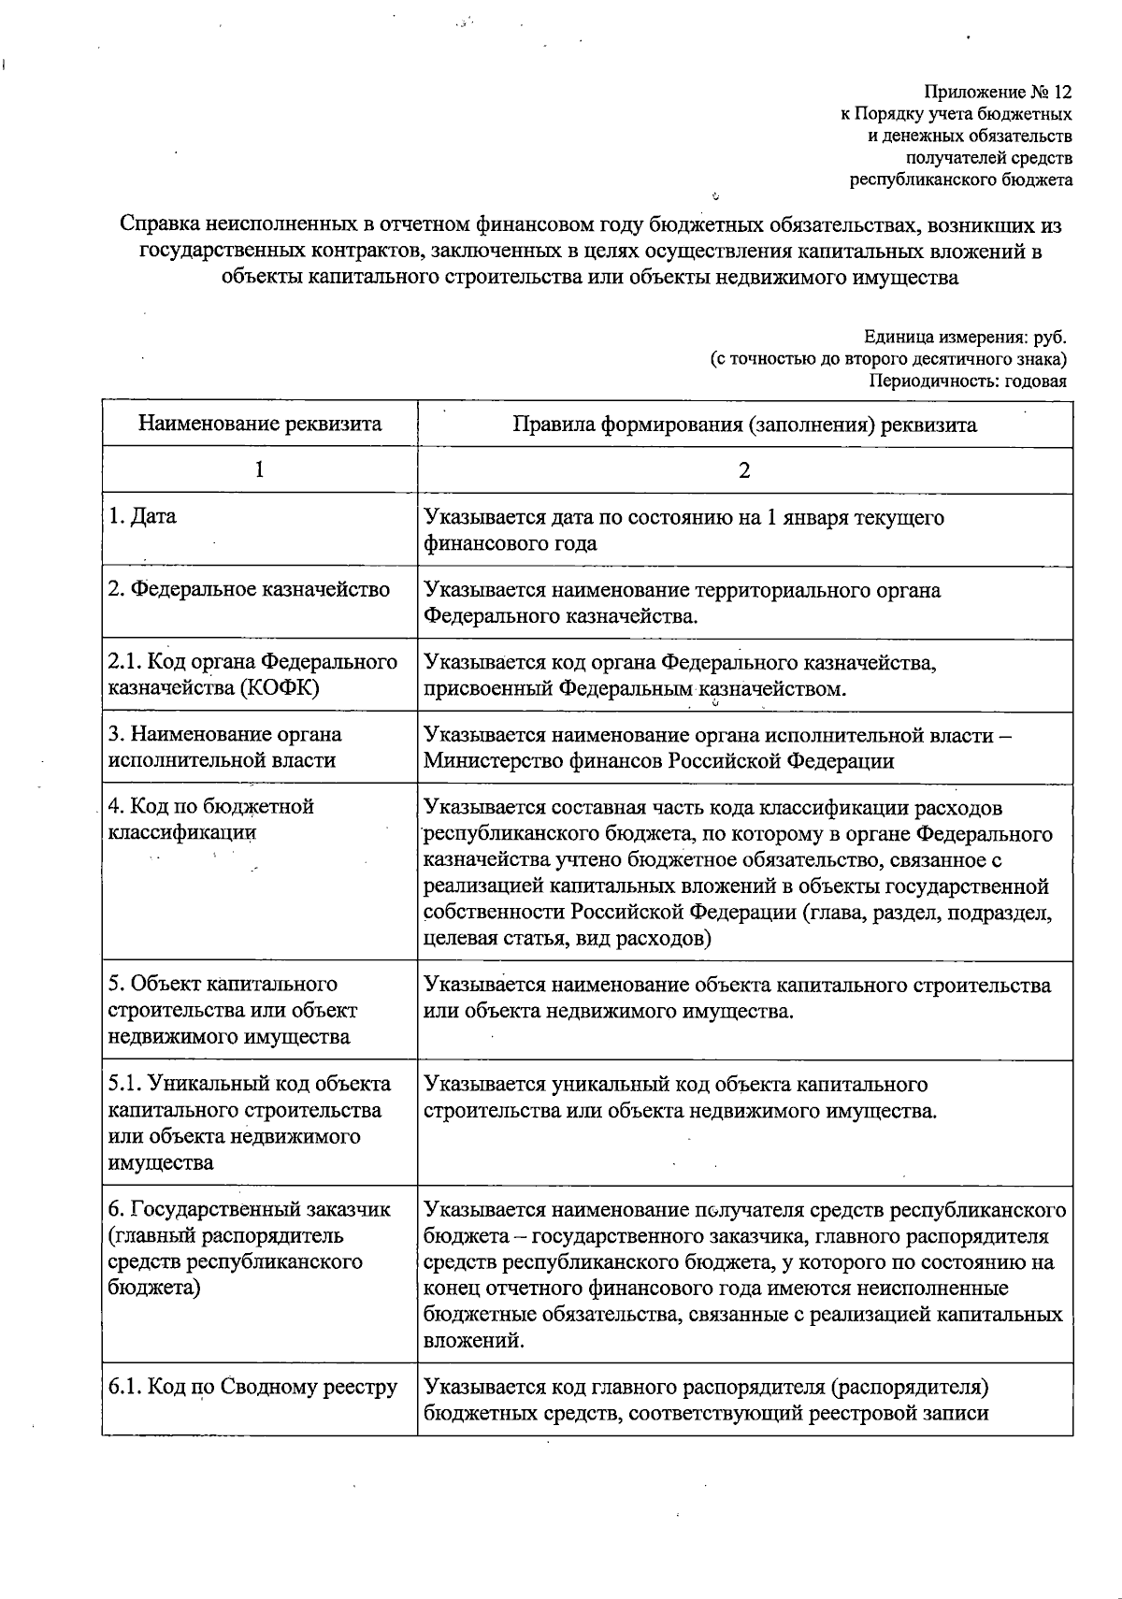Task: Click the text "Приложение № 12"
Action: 998,93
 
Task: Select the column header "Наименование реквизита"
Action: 260,425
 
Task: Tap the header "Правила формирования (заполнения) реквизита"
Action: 744,425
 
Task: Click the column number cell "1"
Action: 259,470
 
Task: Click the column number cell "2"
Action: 744,470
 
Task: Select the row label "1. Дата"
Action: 142,516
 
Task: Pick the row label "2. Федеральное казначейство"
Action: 249,590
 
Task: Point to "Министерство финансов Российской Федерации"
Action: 658,760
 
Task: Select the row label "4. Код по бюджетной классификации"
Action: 211,818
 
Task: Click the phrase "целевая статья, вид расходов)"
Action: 568,938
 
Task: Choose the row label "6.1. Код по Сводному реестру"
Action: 253,1387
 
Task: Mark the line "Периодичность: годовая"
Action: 968,381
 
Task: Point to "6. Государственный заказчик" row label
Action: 250,1209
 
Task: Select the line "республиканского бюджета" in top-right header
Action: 960,180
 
